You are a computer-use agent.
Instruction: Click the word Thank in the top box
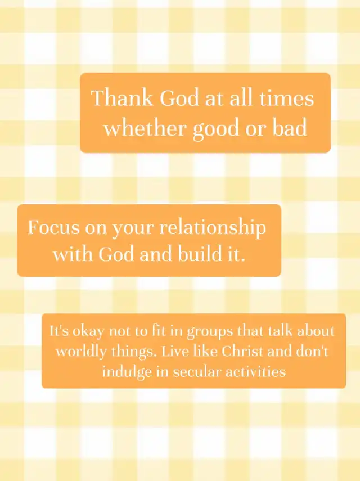(122, 98)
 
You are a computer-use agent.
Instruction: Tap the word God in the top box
(179, 98)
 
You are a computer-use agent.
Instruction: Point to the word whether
(145, 128)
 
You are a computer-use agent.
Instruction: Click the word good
(216, 129)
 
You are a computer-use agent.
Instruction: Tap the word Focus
(53, 227)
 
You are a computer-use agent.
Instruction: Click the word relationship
(213, 228)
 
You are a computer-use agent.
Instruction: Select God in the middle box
(116, 254)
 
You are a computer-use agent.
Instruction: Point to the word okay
(88, 331)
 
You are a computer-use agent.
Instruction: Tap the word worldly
(81, 351)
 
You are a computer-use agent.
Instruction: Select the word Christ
(242, 351)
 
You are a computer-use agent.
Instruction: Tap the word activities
(256, 372)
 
